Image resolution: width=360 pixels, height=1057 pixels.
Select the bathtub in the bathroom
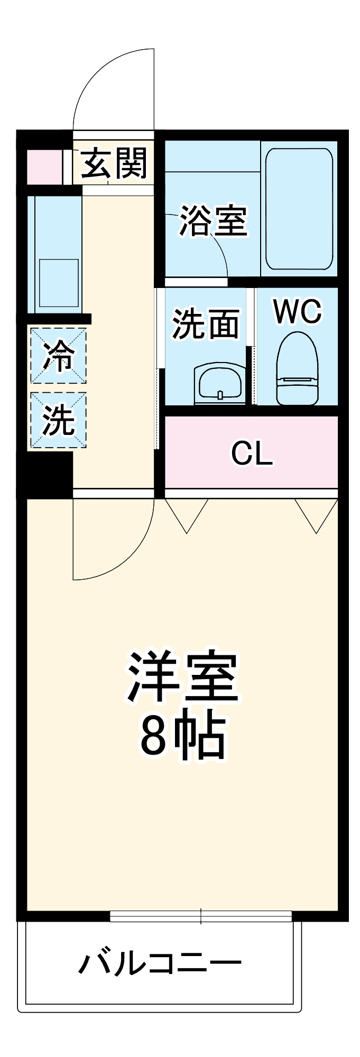pos(299,208)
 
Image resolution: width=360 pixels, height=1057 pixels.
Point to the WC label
pos(297,312)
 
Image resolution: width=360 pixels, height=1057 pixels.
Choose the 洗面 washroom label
pos(206,323)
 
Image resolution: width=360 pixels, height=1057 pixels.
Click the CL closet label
pos(252,453)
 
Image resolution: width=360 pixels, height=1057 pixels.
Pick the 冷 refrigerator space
pos(58,356)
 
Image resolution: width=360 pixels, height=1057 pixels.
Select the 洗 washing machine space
pos(58,421)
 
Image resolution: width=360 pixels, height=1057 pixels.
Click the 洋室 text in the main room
pos(182,676)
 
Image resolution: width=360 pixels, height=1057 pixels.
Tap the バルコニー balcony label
pos(160,963)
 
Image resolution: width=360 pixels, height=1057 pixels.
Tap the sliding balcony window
pos(201,916)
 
